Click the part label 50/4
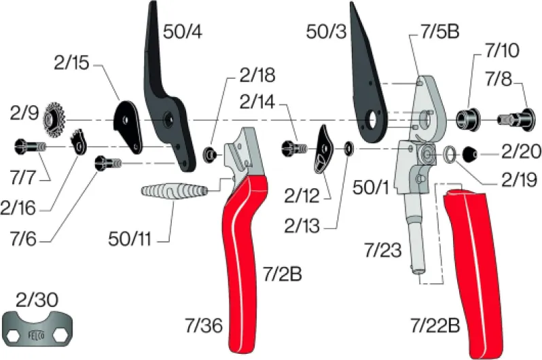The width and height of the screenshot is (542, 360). tap(183, 32)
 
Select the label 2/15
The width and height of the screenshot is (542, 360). tap(71, 63)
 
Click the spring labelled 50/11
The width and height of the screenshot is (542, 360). tap(174, 191)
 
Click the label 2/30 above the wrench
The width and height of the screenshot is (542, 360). tap(37, 300)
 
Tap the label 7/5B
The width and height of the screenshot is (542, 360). tap(439, 31)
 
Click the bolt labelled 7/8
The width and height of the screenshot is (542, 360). tap(516, 120)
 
